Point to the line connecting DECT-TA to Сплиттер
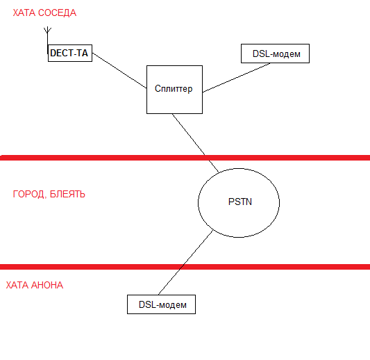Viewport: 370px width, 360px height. tap(119, 70)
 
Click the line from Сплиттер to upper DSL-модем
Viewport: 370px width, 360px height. tap(237, 77)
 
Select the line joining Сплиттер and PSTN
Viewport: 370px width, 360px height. tap(196, 143)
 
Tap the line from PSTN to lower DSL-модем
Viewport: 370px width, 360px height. tap(186, 262)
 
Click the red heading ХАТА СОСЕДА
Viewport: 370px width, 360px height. tap(44, 13)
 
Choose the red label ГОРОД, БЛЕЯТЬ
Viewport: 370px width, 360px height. tap(49, 194)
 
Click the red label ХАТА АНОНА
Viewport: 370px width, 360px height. tap(35, 285)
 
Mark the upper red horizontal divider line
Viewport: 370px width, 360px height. tap(185, 158)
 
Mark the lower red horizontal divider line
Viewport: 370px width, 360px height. tap(185, 267)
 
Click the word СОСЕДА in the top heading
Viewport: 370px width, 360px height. tap(57, 13)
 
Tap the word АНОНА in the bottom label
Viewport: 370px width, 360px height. tap(47, 285)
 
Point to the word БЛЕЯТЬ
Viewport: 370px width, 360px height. tap(67, 194)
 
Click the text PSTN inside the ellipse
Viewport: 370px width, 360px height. tap(240, 202)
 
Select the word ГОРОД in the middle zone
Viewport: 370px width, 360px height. tap(29, 194)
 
